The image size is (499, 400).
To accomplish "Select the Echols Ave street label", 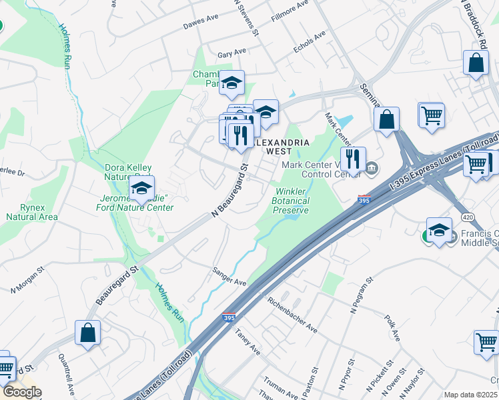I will pos(310,41).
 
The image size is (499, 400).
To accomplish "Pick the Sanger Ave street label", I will pos(229,276).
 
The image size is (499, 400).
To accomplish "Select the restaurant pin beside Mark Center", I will pos(353,159).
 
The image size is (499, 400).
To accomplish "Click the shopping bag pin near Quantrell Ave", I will pos(87,332).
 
